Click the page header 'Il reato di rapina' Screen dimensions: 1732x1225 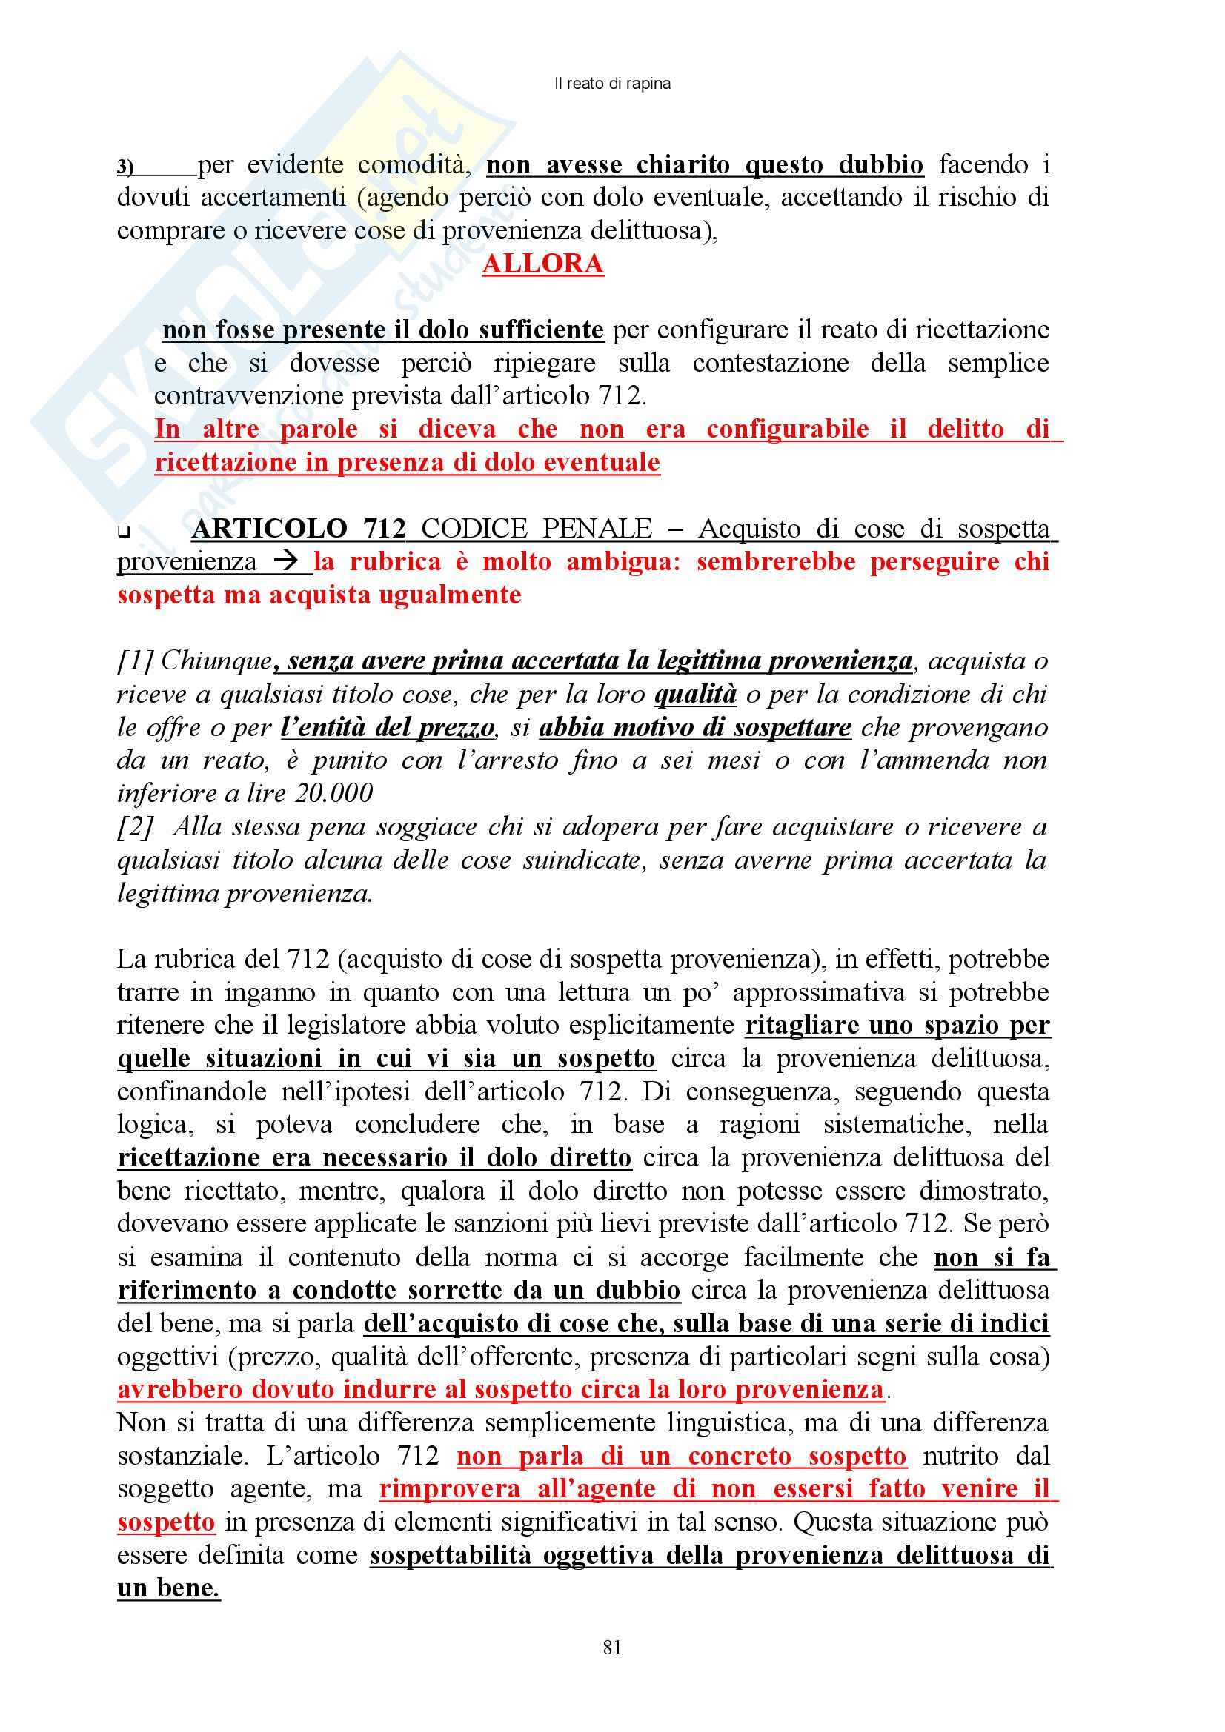coord(612,84)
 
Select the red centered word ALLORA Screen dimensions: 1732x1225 coord(542,264)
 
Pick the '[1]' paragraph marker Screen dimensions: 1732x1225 coord(135,661)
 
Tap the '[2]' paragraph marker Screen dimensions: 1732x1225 coord(135,828)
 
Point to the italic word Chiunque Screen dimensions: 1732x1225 coord(216,661)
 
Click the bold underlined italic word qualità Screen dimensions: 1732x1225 coord(695,695)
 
